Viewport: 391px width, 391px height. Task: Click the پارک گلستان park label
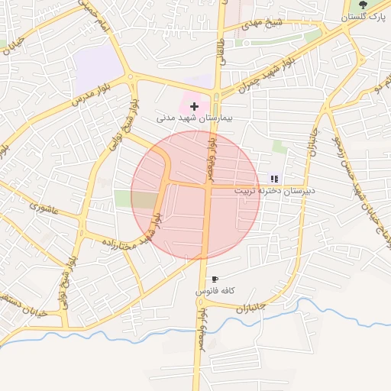(356, 17)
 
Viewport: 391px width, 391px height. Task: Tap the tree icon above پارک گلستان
(363, 5)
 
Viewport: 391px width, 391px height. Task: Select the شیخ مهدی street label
(263, 24)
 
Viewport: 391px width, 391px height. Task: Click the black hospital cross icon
(194, 106)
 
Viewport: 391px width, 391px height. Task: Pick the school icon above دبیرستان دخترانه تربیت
(274, 179)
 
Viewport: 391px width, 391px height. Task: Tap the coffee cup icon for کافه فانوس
(215, 280)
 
